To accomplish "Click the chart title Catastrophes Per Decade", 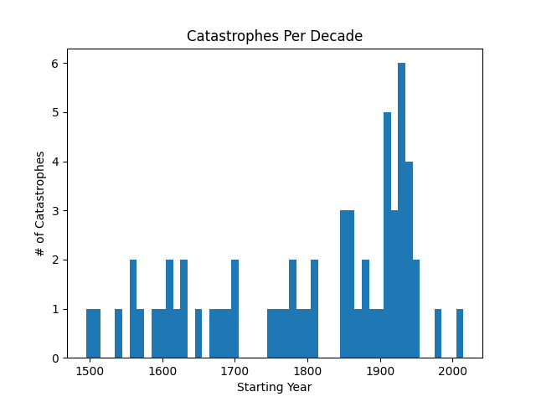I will (x=274, y=36).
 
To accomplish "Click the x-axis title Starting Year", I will (x=274, y=387).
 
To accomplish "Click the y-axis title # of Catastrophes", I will (x=40, y=204).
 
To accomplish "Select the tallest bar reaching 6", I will (x=401, y=209).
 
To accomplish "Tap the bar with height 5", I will (x=387, y=234).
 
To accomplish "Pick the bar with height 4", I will (x=409, y=260).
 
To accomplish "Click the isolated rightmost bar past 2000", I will (x=459, y=333).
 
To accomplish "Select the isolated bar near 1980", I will (x=437, y=333).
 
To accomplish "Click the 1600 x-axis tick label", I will (x=162, y=371).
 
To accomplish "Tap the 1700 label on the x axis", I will (x=235, y=371).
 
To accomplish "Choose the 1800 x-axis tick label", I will (x=307, y=371).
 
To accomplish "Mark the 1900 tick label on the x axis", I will (x=380, y=371).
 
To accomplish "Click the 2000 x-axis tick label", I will (x=453, y=371).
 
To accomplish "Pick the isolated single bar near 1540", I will (x=118, y=333).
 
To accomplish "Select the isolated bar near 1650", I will (x=198, y=333).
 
